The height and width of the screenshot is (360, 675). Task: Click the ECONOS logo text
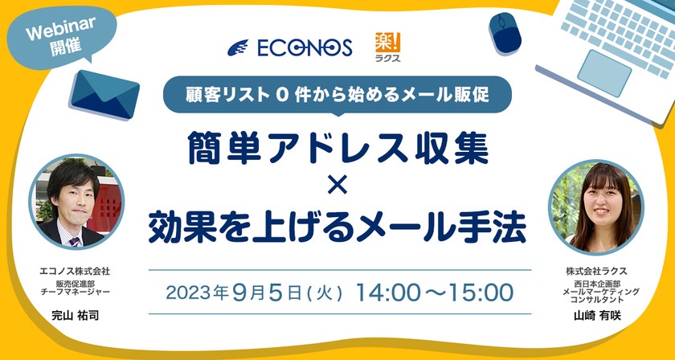[x=305, y=47]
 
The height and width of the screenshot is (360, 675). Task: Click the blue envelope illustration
[x=104, y=94]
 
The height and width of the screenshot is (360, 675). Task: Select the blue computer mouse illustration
[x=505, y=34]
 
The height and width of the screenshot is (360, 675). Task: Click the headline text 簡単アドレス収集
[x=338, y=148]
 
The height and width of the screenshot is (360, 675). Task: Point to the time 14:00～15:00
[x=435, y=292]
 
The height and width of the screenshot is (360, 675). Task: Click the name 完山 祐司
[x=76, y=315]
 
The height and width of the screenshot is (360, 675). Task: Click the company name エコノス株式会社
[x=75, y=272]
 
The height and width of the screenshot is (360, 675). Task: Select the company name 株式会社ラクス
[x=596, y=272]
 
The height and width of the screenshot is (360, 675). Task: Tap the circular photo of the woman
[x=596, y=207]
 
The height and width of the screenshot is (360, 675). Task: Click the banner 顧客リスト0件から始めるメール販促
[x=337, y=95]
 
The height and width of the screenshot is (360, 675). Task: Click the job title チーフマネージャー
[x=75, y=291]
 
